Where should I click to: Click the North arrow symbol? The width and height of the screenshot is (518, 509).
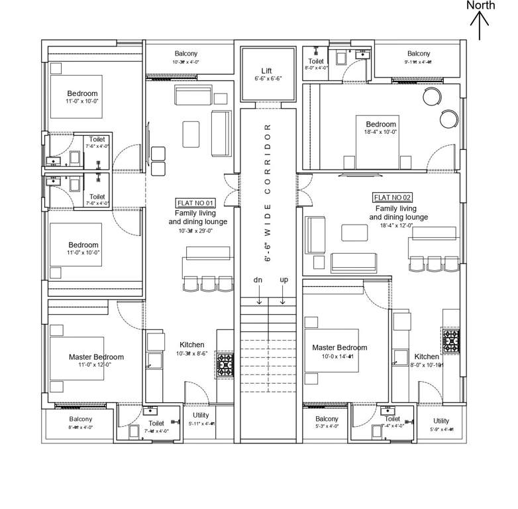(x=480, y=27)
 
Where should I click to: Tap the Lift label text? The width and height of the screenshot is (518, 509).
(x=266, y=70)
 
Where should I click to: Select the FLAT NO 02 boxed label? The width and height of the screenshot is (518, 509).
(x=393, y=198)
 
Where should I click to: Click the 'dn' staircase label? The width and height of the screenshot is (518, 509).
(x=258, y=280)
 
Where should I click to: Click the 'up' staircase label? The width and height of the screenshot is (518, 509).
(x=284, y=280)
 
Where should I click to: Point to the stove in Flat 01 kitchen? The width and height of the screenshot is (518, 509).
(x=225, y=363)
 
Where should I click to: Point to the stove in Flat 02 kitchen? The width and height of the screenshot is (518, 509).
(x=452, y=340)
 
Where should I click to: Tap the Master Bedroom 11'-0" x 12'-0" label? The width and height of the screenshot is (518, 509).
(x=96, y=361)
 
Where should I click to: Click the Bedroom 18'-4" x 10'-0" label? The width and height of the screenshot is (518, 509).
(x=381, y=127)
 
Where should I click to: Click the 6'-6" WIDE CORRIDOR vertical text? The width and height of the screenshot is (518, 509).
(x=268, y=192)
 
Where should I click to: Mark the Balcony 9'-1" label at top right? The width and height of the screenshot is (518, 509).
(x=419, y=57)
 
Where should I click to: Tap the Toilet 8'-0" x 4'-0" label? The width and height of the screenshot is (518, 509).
(x=316, y=64)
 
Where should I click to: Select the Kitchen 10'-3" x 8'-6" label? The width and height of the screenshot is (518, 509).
(x=192, y=349)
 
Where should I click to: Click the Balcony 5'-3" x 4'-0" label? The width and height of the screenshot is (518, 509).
(x=327, y=422)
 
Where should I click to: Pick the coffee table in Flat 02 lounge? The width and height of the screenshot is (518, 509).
(x=354, y=233)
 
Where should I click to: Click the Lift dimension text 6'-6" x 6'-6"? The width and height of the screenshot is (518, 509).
(x=268, y=78)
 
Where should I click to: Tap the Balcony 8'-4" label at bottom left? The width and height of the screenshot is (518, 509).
(x=81, y=423)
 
